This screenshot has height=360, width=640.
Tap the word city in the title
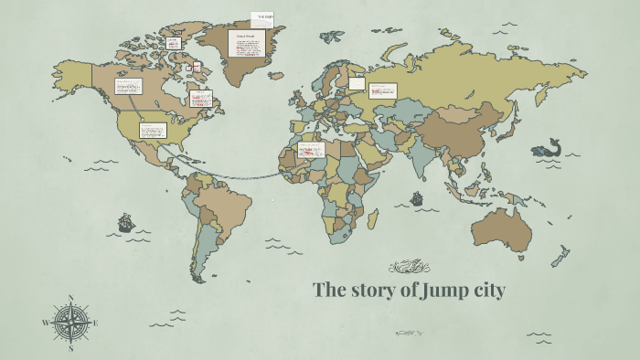485,291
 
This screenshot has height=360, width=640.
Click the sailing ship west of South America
125,222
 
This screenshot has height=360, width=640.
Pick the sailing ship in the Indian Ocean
417,197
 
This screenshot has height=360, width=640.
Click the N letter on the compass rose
70,298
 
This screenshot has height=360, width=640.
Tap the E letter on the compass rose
95,322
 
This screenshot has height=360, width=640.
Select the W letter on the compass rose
45,323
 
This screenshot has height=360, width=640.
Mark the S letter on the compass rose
70,347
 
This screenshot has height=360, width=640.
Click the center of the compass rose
70,322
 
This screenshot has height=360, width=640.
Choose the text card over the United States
153,130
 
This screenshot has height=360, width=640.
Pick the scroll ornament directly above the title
409,267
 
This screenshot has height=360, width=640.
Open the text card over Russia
382,90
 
